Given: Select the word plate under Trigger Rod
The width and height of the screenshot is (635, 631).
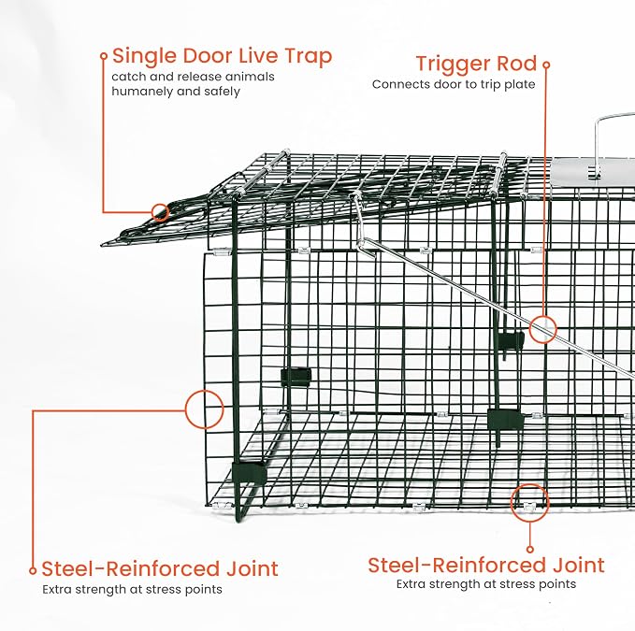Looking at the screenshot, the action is click(x=519, y=84).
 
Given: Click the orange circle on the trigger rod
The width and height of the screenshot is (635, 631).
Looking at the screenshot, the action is click(x=543, y=329).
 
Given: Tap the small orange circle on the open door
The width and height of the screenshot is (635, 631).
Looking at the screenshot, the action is click(x=160, y=212).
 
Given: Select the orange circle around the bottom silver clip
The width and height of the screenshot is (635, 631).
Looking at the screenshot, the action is click(x=529, y=503).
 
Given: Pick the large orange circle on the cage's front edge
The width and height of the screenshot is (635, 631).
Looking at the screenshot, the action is click(x=205, y=409).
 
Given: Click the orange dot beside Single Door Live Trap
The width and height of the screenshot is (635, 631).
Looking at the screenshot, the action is click(x=104, y=56).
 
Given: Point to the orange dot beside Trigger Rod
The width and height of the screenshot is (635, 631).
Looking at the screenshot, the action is click(x=546, y=65).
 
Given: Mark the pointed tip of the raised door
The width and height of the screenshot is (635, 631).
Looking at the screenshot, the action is click(x=103, y=245).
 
